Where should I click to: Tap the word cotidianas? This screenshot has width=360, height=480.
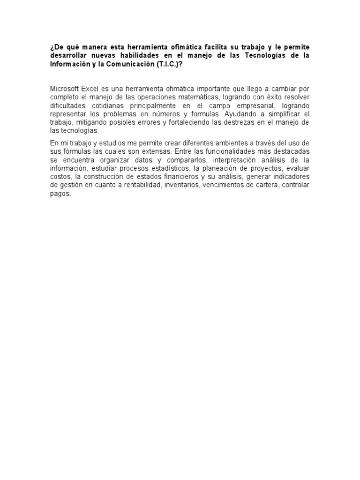pyautogui.click(x=111, y=106)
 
